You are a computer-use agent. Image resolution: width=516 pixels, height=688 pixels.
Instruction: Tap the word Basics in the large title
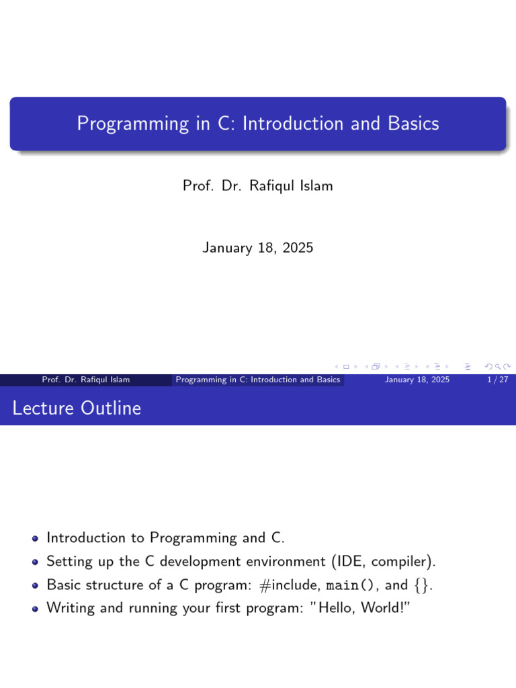pyautogui.click(x=413, y=124)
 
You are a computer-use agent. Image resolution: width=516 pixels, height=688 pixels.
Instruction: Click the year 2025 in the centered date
pyautogui.click(x=298, y=248)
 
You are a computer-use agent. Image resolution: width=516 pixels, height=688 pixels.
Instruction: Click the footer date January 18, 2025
pyautogui.click(x=417, y=380)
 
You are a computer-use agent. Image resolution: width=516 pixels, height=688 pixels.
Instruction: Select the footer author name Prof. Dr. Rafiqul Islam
pyautogui.click(x=86, y=380)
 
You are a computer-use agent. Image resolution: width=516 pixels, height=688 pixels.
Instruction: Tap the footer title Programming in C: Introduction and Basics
pyautogui.click(x=258, y=380)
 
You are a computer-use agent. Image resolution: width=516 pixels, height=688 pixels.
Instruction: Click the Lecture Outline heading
pyautogui.click(x=77, y=408)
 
